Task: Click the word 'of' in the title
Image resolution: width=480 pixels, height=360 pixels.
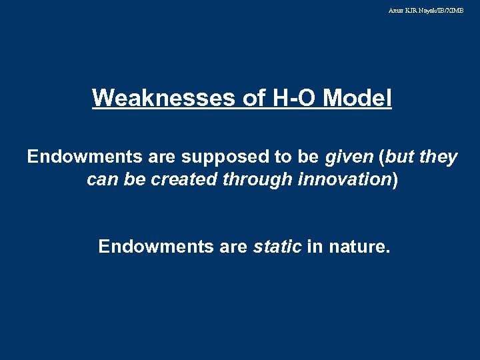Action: [254, 98]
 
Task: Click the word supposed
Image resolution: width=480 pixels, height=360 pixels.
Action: [215, 157]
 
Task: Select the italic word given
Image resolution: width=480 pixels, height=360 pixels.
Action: [349, 157]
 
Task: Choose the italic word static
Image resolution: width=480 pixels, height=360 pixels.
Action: [277, 247]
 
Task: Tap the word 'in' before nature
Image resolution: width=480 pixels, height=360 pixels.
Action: [315, 247]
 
